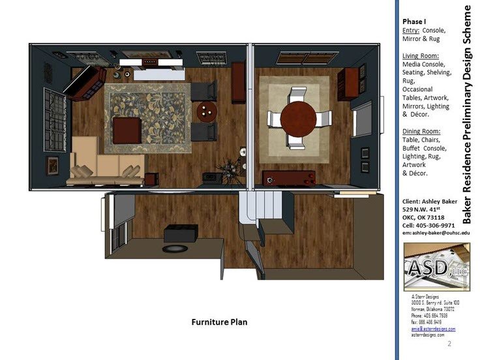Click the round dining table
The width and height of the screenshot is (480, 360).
click(x=301, y=117)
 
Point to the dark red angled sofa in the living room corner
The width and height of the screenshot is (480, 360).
click(x=85, y=84)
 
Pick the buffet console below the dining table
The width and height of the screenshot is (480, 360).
click(x=289, y=177)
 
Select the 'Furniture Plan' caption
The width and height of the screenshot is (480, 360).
click(x=218, y=322)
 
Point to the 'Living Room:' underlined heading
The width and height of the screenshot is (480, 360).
click(x=420, y=56)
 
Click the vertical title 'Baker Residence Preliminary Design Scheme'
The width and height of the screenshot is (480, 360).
click(x=467, y=114)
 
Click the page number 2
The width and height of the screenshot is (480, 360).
click(x=450, y=342)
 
